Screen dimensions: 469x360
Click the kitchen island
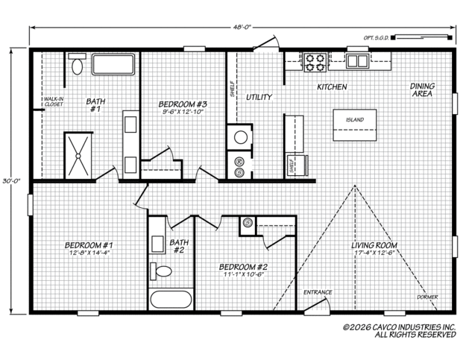point(355,125)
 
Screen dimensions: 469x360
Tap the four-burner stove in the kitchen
point(315,62)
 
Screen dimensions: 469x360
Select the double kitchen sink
point(357,61)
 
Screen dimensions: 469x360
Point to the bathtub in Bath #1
point(113,64)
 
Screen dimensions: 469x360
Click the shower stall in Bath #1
point(78,156)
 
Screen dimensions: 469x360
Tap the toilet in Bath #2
point(160,271)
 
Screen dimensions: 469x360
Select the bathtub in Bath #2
point(171,300)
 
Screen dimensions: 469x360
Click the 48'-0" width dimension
point(242,28)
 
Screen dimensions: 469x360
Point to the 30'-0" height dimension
point(11,181)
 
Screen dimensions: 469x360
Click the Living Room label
point(374,245)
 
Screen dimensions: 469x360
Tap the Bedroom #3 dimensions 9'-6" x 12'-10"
point(183,112)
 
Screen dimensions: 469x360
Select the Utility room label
point(259,97)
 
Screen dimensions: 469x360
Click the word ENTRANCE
point(318,292)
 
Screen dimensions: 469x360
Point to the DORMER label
point(427,297)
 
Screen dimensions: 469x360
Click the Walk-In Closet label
point(54,101)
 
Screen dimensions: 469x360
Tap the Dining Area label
point(422,89)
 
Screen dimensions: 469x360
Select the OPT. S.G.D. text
point(376,38)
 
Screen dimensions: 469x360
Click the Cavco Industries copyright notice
point(400,330)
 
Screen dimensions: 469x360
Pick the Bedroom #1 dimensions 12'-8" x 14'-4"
point(89,253)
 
